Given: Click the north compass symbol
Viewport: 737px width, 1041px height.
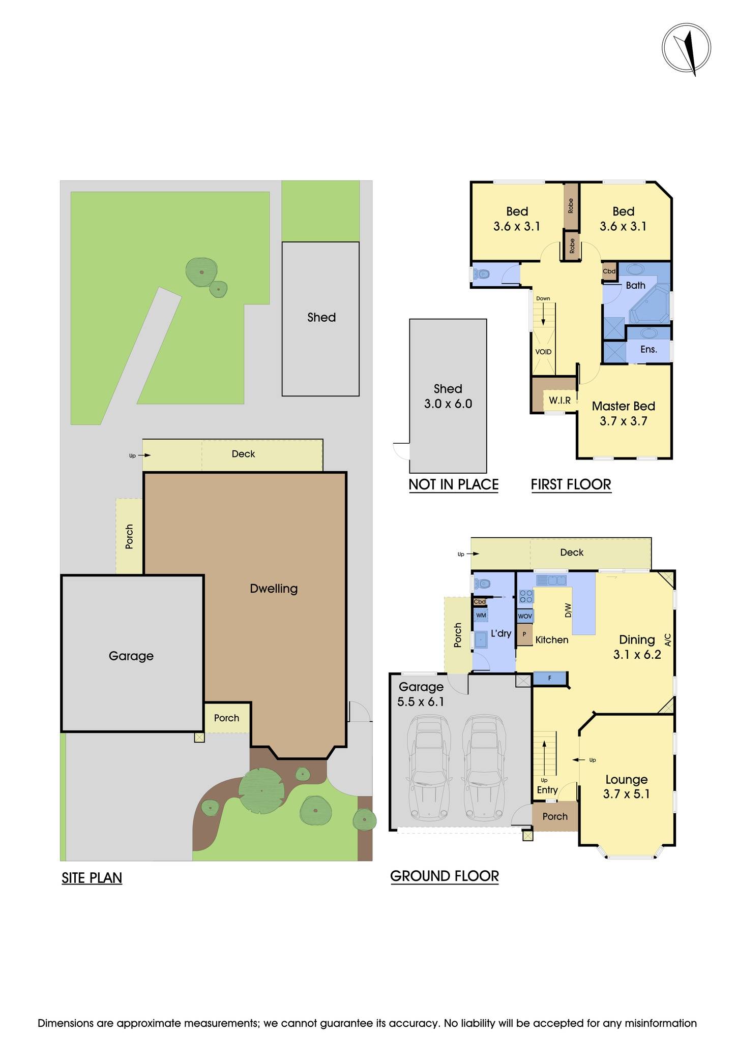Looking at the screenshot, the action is tap(686, 49).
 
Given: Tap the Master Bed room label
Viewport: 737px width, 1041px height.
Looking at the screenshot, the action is tap(623, 406).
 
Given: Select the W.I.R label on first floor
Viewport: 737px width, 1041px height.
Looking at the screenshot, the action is tap(559, 401).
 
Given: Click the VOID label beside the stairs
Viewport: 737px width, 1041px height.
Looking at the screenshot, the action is tap(543, 352).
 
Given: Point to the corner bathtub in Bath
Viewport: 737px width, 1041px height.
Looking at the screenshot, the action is tap(650, 304).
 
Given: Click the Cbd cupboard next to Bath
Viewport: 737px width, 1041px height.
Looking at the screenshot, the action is tap(609, 271).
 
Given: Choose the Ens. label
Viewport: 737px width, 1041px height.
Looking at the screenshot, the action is tap(648, 349).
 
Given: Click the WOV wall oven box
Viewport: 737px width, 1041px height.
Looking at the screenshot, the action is tap(525, 616).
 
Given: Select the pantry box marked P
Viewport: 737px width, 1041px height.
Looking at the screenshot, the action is tap(524, 635).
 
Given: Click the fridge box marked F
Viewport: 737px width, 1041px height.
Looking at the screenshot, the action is tap(549, 678).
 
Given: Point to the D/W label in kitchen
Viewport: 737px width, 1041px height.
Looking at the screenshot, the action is tap(568, 610).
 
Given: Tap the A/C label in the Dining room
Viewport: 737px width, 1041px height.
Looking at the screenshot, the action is tap(668, 640).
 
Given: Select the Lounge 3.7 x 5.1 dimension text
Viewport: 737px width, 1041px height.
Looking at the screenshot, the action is tap(626, 793).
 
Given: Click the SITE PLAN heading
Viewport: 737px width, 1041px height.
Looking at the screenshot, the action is tap(92, 878).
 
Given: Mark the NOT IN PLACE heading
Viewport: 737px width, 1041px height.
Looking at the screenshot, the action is tap(454, 484).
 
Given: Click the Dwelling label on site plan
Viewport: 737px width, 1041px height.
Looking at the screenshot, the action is tap(274, 589).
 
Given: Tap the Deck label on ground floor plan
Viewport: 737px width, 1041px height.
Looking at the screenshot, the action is tap(572, 553).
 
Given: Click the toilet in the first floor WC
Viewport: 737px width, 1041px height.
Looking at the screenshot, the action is tap(481, 274).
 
